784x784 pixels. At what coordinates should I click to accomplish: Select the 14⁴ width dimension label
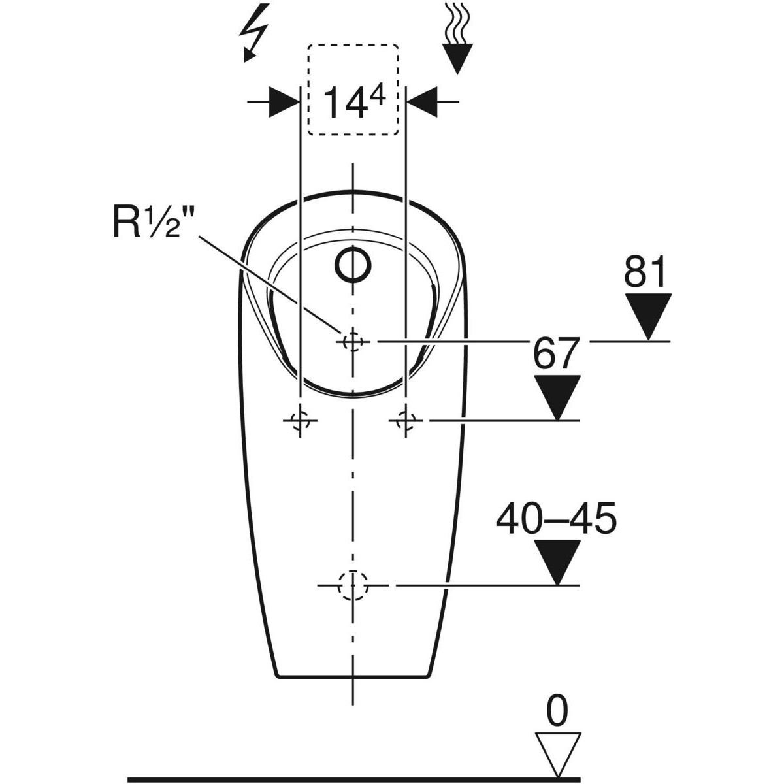353,103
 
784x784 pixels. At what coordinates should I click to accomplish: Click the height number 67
556,353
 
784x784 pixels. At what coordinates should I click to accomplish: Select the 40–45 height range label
556,519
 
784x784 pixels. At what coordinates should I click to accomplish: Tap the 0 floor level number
557,711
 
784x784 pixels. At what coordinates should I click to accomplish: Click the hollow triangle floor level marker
557,752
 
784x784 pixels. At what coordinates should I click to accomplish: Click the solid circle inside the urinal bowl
353,265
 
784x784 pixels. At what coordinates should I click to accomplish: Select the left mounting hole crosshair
300,421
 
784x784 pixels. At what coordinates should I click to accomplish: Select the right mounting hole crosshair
406,421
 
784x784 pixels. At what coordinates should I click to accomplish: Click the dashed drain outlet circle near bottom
353,585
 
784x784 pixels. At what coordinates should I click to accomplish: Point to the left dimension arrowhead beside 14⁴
284,102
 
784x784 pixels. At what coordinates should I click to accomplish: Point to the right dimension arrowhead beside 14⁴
423,102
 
